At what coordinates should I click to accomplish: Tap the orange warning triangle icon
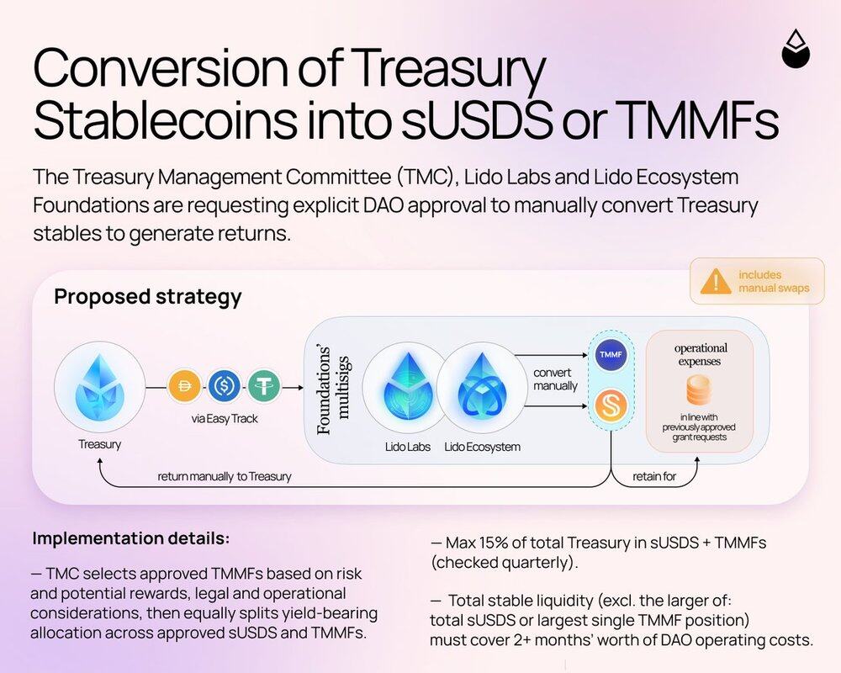tap(716, 282)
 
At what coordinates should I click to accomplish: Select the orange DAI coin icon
tap(184, 386)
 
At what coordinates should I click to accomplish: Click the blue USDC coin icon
tap(224, 386)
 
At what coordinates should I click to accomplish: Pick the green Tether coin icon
tap(264, 386)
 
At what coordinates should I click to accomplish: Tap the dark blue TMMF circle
tap(611, 354)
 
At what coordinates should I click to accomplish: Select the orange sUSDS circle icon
tap(611, 405)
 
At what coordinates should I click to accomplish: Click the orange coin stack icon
tap(699, 390)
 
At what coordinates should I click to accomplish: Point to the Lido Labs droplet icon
tap(408, 388)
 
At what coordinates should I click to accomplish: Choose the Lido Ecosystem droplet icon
tap(481, 388)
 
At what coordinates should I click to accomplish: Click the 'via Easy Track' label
tap(225, 419)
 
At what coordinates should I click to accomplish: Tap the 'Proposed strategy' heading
tap(148, 297)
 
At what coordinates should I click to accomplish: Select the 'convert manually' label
tap(555, 379)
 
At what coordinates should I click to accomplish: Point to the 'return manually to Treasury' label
tap(225, 477)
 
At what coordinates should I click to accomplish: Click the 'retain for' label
tap(654, 477)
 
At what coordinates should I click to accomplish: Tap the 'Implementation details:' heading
tap(131, 538)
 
